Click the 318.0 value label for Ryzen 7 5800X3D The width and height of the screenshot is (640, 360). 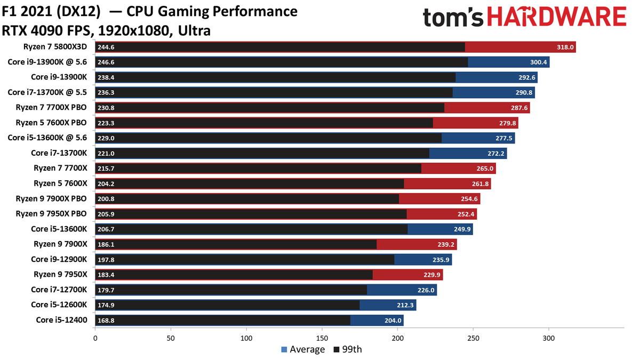(x=565, y=47)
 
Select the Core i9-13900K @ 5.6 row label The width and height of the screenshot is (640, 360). (x=47, y=62)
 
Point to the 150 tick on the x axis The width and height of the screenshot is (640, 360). (x=322, y=338)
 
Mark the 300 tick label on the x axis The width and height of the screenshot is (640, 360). (x=549, y=338)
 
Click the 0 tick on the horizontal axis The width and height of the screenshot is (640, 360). (x=95, y=338)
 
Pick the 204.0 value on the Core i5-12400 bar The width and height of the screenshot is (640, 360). (x=393, y=321)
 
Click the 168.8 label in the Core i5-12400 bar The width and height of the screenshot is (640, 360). (x=106, y=321)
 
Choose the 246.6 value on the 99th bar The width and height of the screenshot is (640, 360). (x=106, y=62)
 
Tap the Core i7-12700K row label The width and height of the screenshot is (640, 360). (x=59, y=290)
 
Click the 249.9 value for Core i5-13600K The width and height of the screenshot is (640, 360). (x=462, y=229)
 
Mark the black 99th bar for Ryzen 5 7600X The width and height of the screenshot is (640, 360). (x=250, y=184)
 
